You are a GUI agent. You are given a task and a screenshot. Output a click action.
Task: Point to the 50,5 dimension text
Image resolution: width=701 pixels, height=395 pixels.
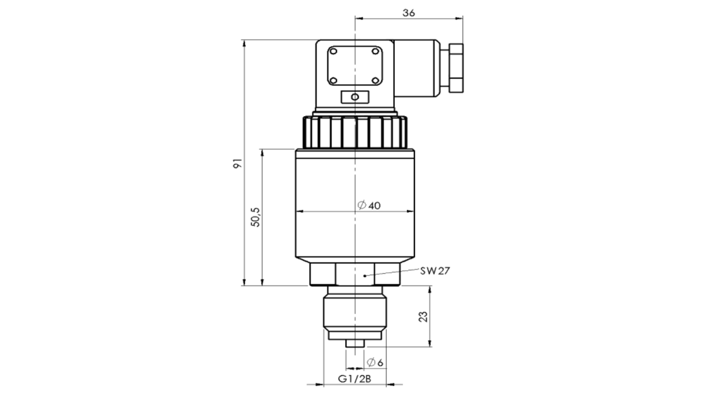pos(255,218)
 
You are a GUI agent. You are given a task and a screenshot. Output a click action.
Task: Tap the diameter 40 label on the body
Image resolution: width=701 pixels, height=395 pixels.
pos(369,206)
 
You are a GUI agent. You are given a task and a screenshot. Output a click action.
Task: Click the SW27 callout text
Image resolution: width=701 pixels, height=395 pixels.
pos(436,270)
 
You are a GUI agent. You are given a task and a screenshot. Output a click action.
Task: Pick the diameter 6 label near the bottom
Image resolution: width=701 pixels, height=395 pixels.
pos(375,362)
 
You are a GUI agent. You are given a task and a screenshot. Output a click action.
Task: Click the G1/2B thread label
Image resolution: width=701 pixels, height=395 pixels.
pos(354,379)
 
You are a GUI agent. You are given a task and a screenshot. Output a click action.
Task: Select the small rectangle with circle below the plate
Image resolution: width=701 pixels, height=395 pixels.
pos(354,96)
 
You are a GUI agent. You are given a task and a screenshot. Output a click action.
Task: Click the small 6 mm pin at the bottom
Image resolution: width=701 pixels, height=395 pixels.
pos(354,344)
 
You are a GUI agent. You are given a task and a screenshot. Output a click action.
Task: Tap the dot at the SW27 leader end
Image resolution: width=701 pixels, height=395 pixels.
pos(365,276)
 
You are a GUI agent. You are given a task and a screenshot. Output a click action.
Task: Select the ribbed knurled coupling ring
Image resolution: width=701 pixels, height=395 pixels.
pos(354,132)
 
